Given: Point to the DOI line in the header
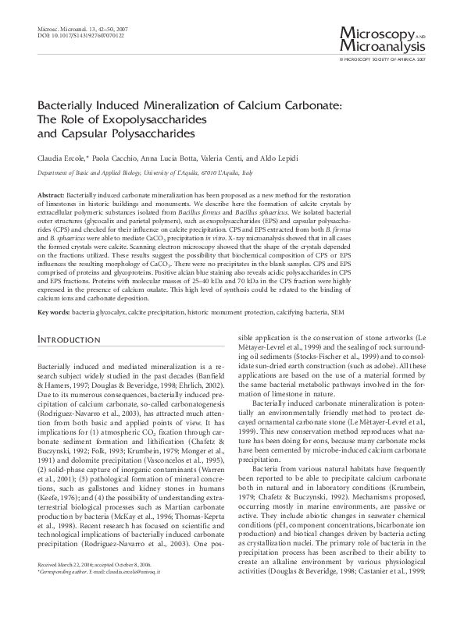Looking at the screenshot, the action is [70, 35].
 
